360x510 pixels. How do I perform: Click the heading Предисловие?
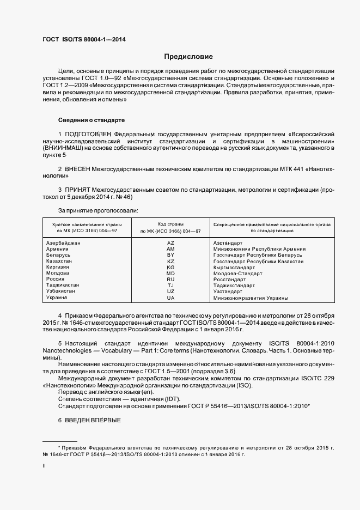[x=188, y=57]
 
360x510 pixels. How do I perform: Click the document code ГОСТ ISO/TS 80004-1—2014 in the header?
[x=87, y=39]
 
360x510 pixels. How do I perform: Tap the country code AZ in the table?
[x=171, y=242]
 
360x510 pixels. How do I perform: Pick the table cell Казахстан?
[x=59, y=262]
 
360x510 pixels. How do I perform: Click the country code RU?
[x=171, y=280]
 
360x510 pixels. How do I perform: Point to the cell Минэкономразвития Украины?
[x=251, y=298]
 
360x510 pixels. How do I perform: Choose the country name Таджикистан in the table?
[x=63, y=286]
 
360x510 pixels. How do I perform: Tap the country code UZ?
[x=171, y=292]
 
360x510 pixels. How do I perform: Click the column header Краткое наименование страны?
[x=87, y=224]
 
